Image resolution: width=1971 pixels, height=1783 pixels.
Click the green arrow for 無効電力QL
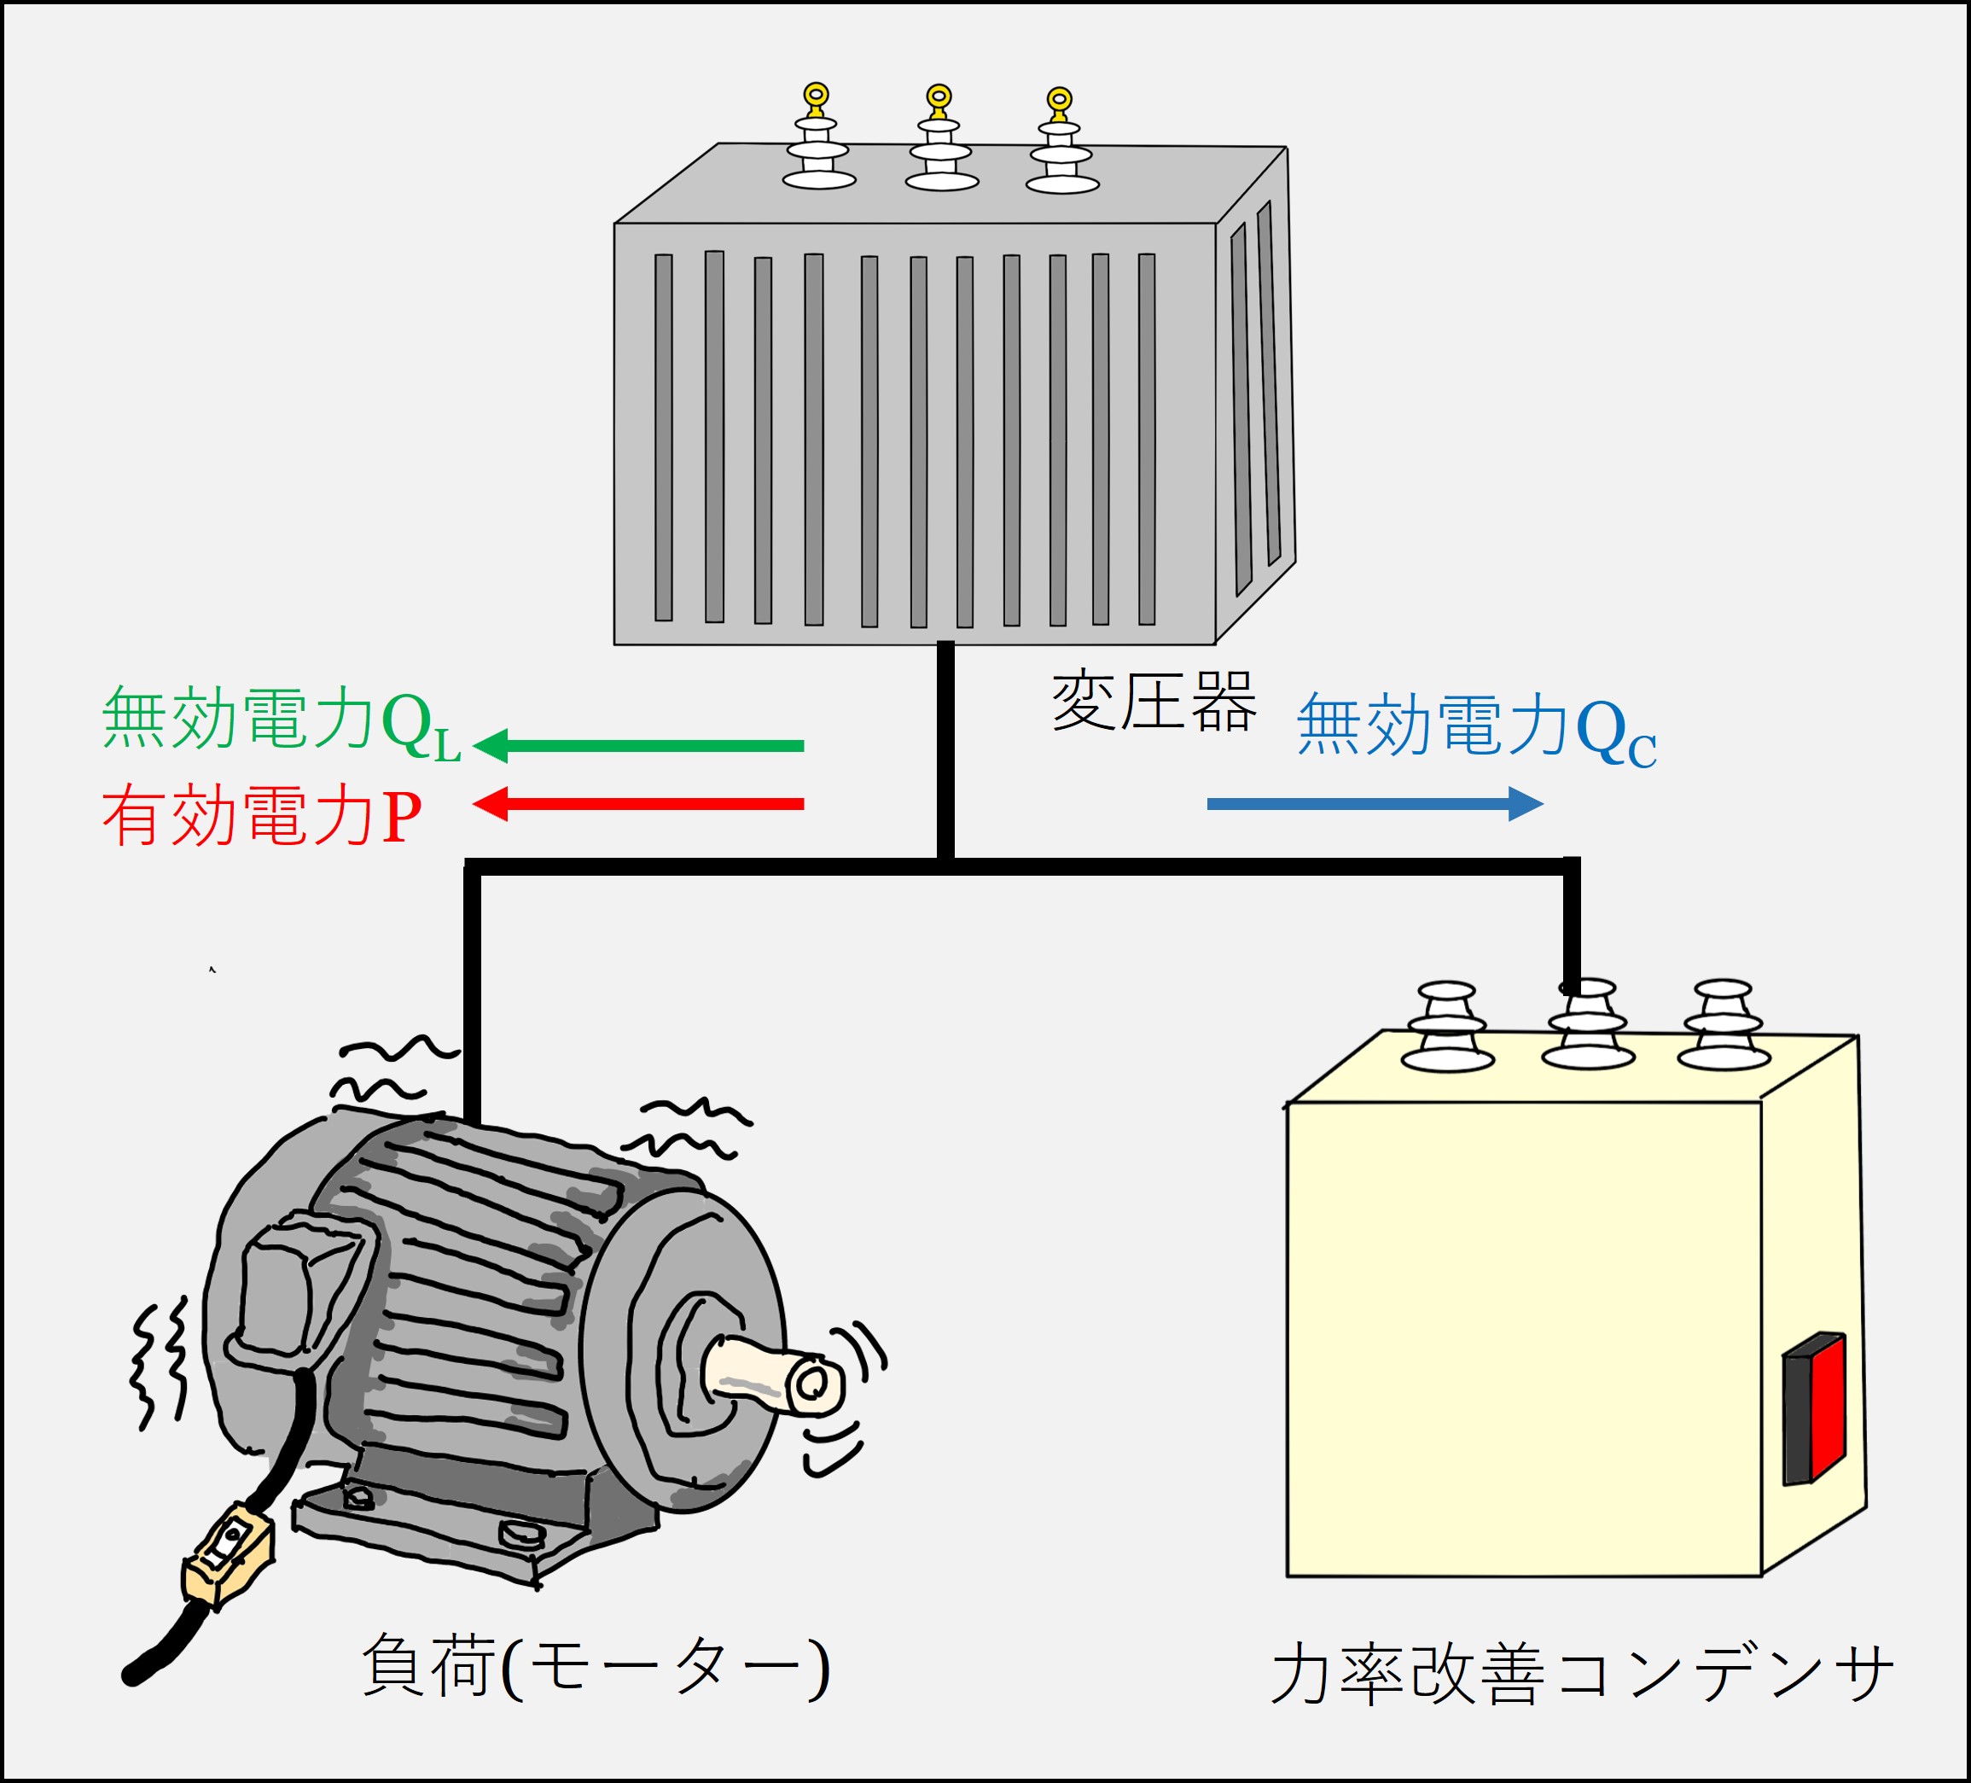point(641,746)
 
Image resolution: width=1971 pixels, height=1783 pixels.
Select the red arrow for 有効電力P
point(641,804)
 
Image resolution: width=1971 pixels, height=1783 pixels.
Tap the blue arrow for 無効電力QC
point(1374,804)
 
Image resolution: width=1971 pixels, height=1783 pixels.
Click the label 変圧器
point(1154,702)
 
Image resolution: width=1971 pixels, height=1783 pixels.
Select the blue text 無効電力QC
point(1475,728)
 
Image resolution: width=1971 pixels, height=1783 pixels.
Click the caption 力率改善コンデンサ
point(1581,1674)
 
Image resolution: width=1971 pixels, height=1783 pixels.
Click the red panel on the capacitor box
point(1826,1408)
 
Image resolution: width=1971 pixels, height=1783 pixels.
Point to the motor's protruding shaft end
point(811,1384)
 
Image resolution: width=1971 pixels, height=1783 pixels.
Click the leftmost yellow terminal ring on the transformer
point(817,96)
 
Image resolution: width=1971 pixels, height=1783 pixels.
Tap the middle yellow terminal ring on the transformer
point(939,96)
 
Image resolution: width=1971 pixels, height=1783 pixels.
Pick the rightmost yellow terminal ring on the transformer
point(1060,100)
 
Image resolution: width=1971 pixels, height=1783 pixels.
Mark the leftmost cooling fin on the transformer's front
point(664,437)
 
